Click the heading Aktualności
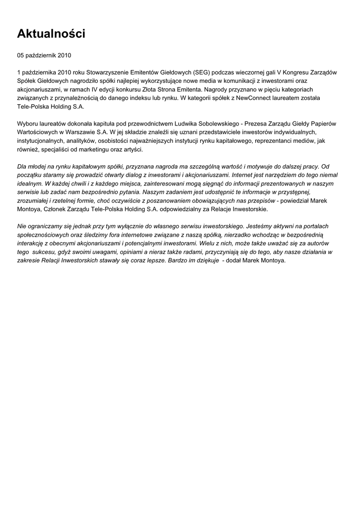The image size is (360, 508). (51, 34)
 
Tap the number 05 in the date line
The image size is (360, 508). (21, 56)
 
